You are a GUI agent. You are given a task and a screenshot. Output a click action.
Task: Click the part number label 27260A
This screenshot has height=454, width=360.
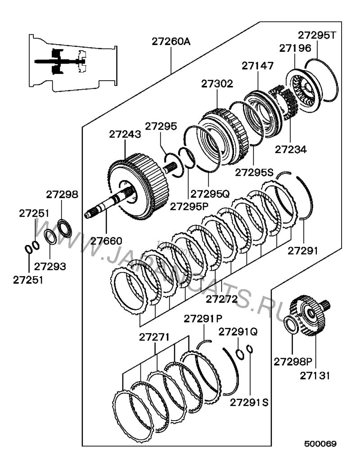tap(171, 42)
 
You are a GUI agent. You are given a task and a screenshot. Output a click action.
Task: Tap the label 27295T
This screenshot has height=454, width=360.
tap(317, 35)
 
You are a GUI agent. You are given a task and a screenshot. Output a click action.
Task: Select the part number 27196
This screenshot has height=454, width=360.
tap(295, 48)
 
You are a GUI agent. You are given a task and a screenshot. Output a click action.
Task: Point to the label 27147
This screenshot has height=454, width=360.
tap(257, 66)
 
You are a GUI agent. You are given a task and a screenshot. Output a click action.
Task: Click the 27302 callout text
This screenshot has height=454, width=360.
tap(217, 84)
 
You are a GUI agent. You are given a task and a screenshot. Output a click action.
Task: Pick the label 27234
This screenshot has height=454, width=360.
tap(291, 150)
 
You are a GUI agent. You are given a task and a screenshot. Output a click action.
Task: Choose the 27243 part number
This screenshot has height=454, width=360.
tap(125, 134)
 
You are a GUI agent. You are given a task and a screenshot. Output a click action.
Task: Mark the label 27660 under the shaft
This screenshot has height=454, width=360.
tap(106, 241)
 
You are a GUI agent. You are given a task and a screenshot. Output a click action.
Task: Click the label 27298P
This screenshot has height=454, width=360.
tap(293, 362)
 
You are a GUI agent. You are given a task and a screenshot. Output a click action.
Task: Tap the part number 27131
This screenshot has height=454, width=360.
tap(315, 376)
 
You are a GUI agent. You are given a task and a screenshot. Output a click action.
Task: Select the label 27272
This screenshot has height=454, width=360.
tap(222, 299)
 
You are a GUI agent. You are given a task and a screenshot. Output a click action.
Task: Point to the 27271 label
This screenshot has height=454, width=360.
tap(154, 337)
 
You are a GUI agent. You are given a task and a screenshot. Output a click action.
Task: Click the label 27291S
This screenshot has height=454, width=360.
tap(249, 403)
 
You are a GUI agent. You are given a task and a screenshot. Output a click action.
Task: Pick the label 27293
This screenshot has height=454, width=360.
tap(50, 266)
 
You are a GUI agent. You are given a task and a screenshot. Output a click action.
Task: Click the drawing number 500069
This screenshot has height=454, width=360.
tap(320, 444)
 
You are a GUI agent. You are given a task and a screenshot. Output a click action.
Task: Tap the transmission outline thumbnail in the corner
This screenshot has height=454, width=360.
tap(73, 63)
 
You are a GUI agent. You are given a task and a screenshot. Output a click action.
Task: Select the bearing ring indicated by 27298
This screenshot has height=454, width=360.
tap(64, 229)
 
